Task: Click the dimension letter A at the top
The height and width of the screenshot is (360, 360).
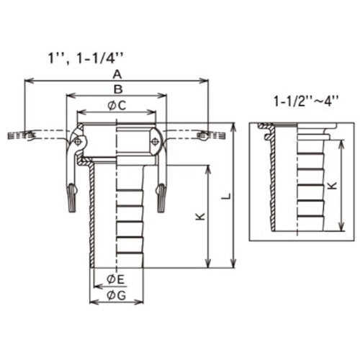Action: click(117, 74)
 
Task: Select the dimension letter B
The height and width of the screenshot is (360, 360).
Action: click(117, 89)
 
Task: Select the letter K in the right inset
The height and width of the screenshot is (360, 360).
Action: click(330, 184)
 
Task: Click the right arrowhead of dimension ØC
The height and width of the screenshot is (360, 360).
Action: click(153, 112)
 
